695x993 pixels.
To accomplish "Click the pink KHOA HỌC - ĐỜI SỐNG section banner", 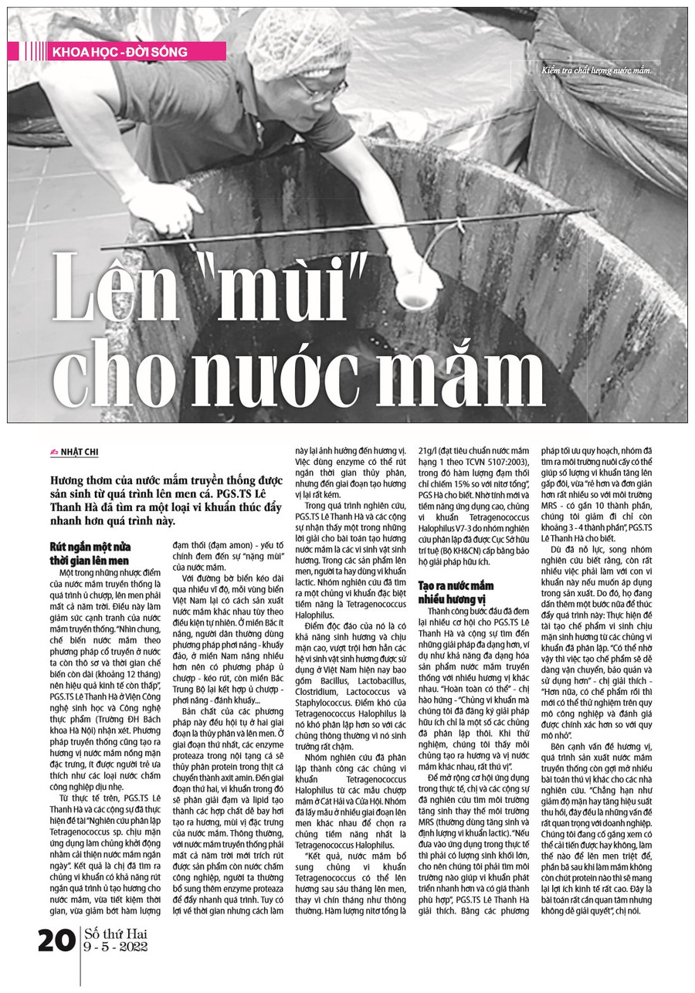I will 124,52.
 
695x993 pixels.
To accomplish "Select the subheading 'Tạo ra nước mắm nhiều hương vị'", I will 456,592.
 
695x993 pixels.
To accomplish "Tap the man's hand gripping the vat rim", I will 167,217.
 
